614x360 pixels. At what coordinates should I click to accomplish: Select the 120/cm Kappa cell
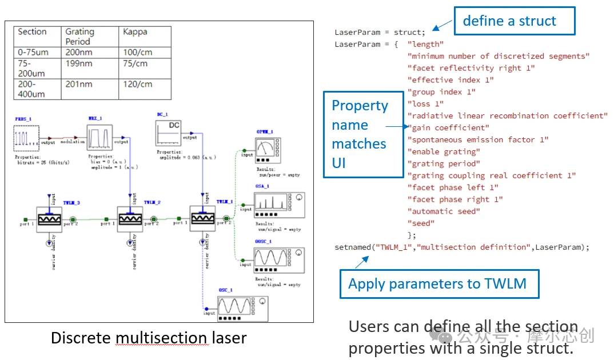(x=138, y=84)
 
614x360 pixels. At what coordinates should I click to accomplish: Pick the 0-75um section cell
(x=33, y=53)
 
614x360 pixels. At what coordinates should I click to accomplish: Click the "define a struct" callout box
(x=514, y=21)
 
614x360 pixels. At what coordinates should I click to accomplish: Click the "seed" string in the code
(x=421, y=223)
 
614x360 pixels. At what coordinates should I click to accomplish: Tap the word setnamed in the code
(x=354, y=247)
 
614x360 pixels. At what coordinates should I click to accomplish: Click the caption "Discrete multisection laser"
(x=149, y=338)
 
